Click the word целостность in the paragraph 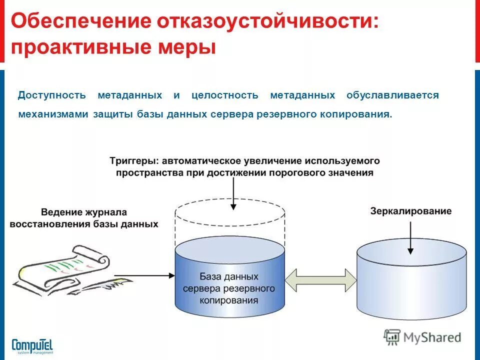[x=225, y=95]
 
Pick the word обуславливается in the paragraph [x=392, y=95]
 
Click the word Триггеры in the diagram [x=131, y=161]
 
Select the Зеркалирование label [x=410, y=211]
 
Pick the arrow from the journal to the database [x=145, y=275]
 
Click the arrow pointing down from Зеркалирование [x=410, y=235]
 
